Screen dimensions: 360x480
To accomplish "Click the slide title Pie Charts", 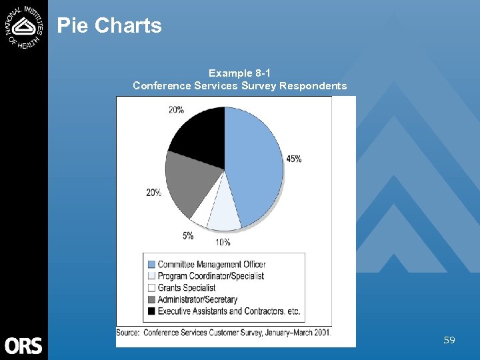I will [x=109, y=26].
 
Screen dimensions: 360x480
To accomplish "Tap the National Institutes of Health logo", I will [x=24, y=26].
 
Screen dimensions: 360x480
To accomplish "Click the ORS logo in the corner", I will [x=23, y=345].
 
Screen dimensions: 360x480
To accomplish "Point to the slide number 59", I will [x=449, y=340].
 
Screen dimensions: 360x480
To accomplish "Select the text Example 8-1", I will [x=239, y=73].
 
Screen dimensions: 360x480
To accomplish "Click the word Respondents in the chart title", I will [x=313, y=85].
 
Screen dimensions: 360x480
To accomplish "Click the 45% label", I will [x=293, y=159].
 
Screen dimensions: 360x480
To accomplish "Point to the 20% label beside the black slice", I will [x=176, y=110].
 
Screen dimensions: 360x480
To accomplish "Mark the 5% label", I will [x=188, y=235].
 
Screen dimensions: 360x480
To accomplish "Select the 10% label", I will [x=222, y=242].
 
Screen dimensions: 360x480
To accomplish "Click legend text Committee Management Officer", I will [x=211, y=265].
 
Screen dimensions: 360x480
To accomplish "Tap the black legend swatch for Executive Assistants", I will [x=151, y=311].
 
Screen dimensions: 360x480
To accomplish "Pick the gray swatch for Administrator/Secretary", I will [x=151, y=300].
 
